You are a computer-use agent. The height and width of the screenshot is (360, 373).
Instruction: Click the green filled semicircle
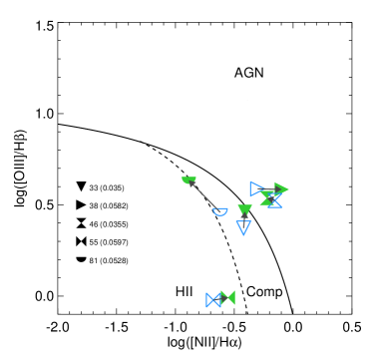coord(188,180)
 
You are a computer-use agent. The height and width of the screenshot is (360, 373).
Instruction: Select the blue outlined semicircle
coord(220,211)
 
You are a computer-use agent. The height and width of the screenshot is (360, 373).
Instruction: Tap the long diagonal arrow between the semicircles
coord(204,196)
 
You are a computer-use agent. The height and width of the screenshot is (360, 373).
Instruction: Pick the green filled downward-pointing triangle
coord(244,209)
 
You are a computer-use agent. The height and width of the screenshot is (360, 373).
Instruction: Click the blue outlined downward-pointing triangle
coord(243,227)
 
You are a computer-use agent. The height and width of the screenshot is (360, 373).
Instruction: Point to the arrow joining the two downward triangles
coord(244,217)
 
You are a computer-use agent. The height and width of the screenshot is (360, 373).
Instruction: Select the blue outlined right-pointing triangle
coord(257,189)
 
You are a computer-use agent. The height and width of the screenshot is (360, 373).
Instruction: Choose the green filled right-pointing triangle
coord(281,189)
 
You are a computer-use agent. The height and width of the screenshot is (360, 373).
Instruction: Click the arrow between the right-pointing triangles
coord(269,189)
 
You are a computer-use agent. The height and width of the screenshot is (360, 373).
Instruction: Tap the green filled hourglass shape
coord(267,198)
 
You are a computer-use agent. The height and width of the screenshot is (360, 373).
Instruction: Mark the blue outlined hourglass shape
coord(274,201)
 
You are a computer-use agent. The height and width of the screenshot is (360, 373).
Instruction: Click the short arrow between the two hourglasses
coord(270,199)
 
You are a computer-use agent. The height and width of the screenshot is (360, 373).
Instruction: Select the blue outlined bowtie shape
coord(213,300)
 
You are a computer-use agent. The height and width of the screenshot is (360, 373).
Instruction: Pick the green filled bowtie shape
coord(227,297)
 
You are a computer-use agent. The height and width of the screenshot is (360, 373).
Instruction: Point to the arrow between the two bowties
coord(220,299)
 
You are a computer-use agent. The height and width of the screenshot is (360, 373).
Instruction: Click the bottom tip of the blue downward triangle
coord(243,234)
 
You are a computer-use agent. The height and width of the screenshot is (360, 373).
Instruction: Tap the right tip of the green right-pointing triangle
coord(288,189)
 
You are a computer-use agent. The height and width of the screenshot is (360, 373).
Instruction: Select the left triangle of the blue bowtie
coord(209,300)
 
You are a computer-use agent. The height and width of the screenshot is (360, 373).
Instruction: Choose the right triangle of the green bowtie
coord(231,297)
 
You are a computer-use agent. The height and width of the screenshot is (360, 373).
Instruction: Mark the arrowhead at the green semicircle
coord(191,183)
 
